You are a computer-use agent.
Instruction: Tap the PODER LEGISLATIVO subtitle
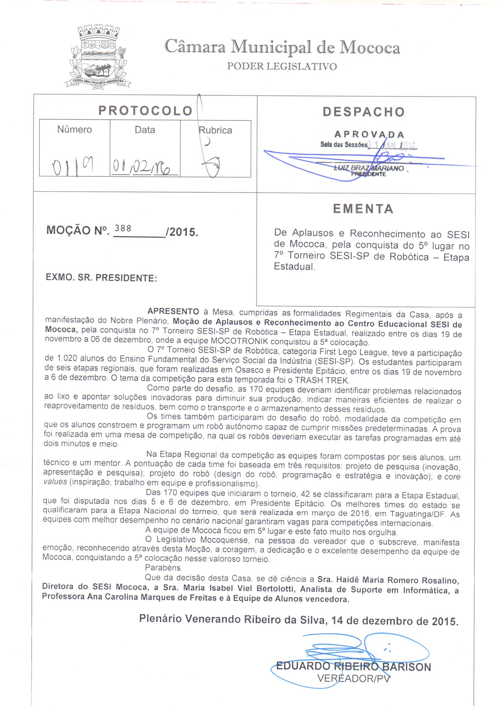coord(282,66)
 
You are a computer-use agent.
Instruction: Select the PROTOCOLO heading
coord(145,111)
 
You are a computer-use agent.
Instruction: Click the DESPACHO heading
coord(363,112)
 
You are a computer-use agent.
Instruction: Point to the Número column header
coord(74,130)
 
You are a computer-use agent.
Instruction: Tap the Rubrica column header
coord(215,130)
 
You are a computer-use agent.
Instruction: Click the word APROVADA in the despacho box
coord(369,135)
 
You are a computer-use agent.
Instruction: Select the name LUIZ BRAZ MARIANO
coord(369,168)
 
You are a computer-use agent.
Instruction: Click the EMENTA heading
coord(363,209)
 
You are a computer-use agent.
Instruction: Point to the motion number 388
coord(123,228)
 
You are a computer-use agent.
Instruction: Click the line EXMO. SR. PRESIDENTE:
coord(101,278)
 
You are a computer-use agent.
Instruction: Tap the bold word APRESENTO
coord(173,312)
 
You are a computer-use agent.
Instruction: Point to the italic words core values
coord(452,477)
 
